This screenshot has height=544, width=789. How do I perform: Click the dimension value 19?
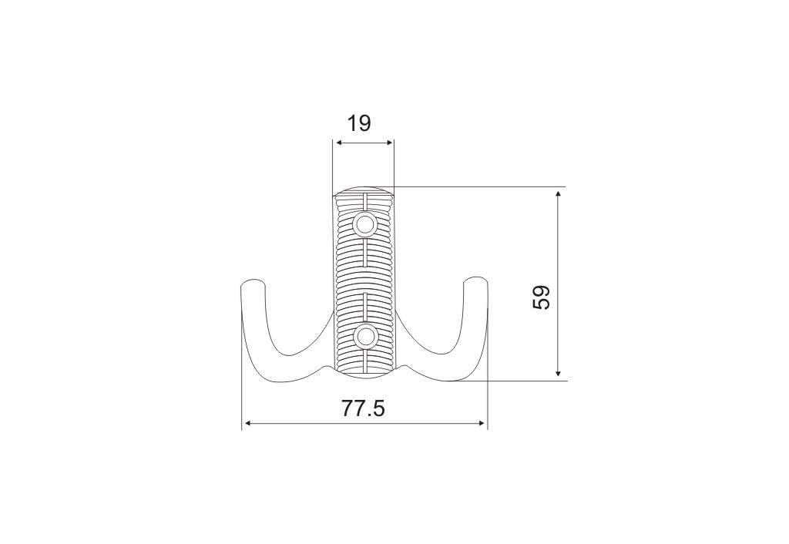(x=359, y=123)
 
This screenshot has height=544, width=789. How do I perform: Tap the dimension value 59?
(x=542, y=297)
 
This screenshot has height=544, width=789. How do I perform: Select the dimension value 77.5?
(x=364, y=408)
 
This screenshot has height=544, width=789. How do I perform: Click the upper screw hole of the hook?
(x=364, y=223)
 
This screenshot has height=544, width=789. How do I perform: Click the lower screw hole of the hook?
(x=364, y=336)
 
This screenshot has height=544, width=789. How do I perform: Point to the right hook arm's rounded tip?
(x=475, y=280)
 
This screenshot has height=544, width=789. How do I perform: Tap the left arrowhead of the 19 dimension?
(x=340, y=143)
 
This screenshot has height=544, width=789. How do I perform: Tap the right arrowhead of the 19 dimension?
(x=388, y=143)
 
